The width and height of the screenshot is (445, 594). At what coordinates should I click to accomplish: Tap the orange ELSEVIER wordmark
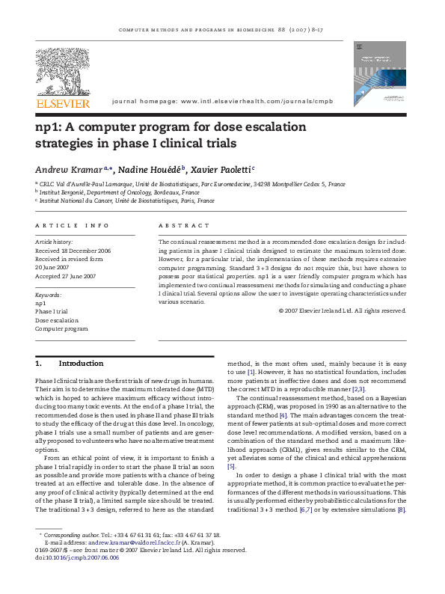(x=64, y=103)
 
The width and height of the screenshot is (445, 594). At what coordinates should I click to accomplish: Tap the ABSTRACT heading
(x=184, y=225)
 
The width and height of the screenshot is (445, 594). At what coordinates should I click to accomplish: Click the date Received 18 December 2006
(x=73, y=251)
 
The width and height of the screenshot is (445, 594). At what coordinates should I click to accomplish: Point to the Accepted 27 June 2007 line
(x=66, y=276)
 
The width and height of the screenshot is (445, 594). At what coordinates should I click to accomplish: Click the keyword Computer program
(x=61, y=328)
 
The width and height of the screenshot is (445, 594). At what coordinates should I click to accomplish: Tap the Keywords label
(x=49, y=295)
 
